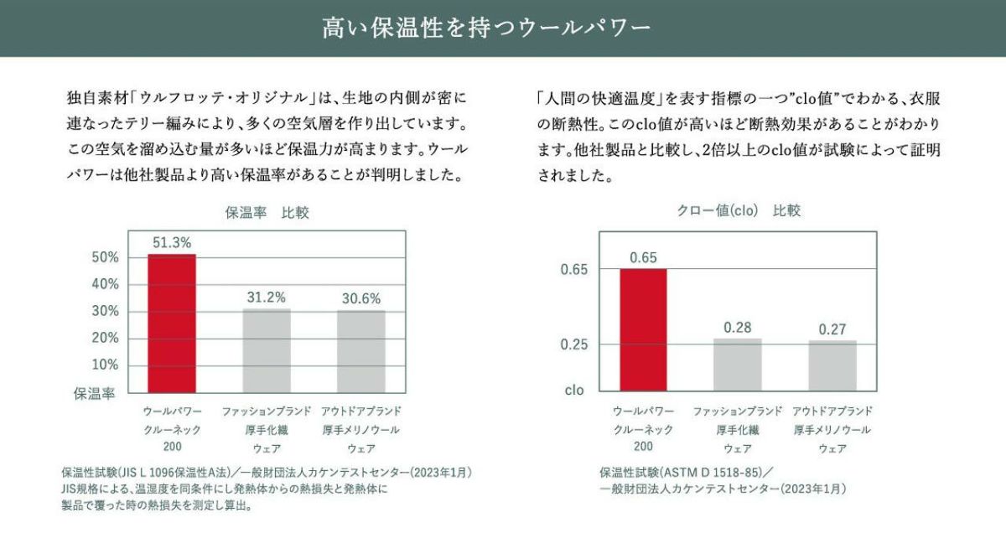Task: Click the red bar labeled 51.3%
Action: pyautogui.click(x=172, y=323)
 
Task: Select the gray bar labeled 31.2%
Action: pyautogui.click(x=267, y=349)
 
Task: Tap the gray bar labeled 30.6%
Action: pyautogui.click(x=361, y=350)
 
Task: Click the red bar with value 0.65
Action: pyautogui.click(x=643, y=329)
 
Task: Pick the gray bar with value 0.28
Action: pyautogui.click(x=738, y=365)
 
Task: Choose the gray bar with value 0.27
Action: pyautogui.click(x=832, y=365)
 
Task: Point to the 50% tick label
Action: pyautogui.click(x=104, y=257)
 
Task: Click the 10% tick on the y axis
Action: pyautogui.click(x=104, y=365)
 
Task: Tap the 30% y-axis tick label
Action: pyautogui.click(x=104, y=311)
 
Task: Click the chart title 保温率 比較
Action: pyautogui.click(x=267, y=212)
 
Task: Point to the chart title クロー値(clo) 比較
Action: pyautogui.click(x=739, y=211)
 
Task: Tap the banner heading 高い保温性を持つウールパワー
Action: pyautogui.click(x=486, y=28)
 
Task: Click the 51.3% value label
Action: pyautogui.click(x=172, y=242)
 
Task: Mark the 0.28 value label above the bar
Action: pyautogui.click(x=738, y=327)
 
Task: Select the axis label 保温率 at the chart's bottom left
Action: pyautogui.click(x=95, y=391)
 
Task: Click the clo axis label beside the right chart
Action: pyautogui.click(x=574, y=390)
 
